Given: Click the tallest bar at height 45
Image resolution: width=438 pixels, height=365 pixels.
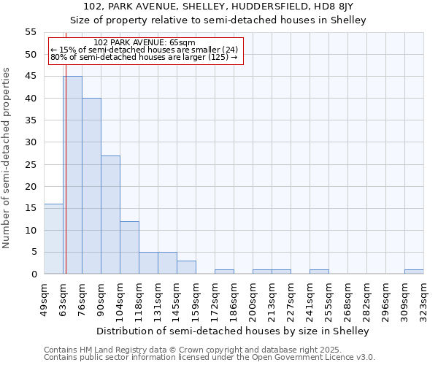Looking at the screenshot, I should click(72, 175).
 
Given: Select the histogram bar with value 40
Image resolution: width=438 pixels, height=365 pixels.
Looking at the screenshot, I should click(91, 186).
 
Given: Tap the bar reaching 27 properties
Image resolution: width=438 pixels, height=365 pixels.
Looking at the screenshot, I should click(110, 215).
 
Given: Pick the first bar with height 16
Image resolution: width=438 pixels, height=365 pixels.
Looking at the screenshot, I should click(53, 239).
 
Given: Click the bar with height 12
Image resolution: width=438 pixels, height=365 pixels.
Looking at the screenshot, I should click(129, 247).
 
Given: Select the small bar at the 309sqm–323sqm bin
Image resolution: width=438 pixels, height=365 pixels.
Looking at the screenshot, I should click(414, 272).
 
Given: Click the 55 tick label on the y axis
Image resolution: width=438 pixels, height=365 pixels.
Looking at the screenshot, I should click(31, 32).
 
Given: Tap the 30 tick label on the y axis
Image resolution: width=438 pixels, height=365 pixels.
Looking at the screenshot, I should click(31, 142).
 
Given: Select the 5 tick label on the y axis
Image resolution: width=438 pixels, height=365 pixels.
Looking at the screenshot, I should click(34, 252).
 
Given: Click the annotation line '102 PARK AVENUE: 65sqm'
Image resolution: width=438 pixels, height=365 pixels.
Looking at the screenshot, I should click(145, 43).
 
